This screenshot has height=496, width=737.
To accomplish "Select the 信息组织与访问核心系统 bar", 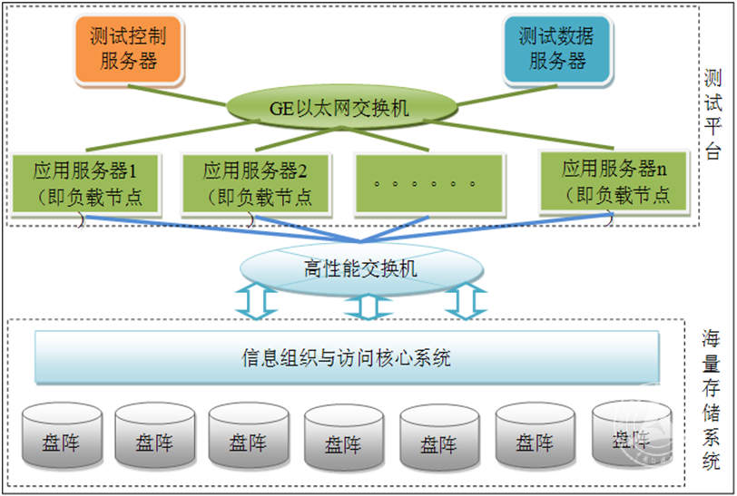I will pos(346,357).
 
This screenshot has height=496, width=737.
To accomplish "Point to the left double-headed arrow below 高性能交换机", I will pos(255,301).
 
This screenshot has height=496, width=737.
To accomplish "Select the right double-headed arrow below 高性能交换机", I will pos(466,301).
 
